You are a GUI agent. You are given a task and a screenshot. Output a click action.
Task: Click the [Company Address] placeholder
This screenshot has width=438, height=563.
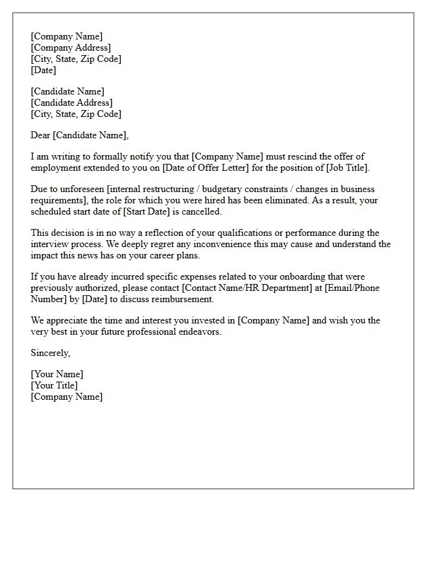click(71, 48)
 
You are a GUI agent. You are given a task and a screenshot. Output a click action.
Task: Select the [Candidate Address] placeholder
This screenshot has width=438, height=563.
click(72, 103)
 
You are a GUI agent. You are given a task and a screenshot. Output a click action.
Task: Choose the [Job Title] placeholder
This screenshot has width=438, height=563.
click(347, 168)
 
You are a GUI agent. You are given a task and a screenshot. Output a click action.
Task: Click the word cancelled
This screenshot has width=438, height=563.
click(201, 211)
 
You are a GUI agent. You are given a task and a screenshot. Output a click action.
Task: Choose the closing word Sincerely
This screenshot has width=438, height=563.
click(50, 353)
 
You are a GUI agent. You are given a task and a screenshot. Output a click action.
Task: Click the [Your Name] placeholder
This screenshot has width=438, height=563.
click(57, 374)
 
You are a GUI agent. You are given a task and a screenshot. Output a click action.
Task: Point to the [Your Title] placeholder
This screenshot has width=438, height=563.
click(54, 385)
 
